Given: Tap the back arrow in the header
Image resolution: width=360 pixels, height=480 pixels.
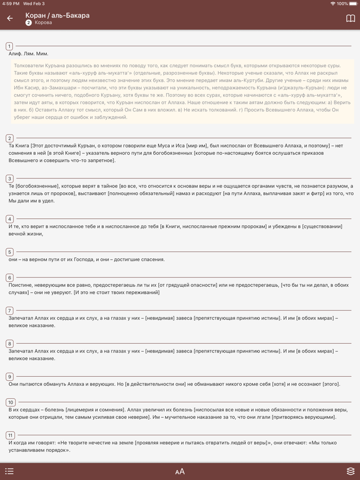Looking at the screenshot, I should (10, 19).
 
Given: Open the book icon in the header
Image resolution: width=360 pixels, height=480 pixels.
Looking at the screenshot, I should (350, 19).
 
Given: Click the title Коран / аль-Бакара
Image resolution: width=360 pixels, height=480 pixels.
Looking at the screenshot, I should (57, 15).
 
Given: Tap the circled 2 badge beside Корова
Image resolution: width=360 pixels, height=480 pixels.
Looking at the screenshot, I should (29, 23).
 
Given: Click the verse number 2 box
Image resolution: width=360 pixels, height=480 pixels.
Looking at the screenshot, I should (10, 138).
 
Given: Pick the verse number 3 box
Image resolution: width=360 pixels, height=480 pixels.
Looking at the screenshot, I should (10, 178).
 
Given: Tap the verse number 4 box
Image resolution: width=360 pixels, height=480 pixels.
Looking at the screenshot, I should (10, 219).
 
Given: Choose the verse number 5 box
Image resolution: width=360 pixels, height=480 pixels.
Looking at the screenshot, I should (10, 252).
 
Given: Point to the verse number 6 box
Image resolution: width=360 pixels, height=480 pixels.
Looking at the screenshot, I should (10, 278).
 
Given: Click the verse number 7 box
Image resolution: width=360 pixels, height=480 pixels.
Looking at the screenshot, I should (10, 310).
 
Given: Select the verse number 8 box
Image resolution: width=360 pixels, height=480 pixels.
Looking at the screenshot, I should (10, 343).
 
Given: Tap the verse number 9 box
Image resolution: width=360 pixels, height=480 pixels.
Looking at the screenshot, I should (10, 377).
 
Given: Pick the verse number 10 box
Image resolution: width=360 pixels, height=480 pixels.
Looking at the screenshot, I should (11, 402).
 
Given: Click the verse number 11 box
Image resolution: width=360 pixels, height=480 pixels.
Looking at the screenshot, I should (11, 435).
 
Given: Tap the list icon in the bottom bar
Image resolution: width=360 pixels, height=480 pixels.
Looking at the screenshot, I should (9, 471).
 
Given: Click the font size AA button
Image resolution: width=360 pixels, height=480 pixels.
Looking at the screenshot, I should (179, 471).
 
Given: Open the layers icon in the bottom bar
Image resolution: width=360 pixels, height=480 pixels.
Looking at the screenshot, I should (350, 471).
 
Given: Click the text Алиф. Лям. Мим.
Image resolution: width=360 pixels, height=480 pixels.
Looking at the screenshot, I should (29, 53).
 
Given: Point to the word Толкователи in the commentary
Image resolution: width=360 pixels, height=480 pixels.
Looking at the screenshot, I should (29, 66).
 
